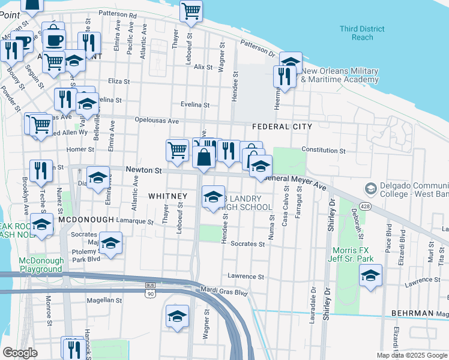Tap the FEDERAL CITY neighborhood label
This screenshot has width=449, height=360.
click(282, 127)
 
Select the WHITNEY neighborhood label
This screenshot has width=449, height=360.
click(167, 196)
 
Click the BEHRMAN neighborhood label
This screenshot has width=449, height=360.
click(412, 313)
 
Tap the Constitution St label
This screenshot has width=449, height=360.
click(324, 151)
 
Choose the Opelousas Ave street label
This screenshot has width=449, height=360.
click(157, 120)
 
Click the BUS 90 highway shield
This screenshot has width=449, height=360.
click(150, 290)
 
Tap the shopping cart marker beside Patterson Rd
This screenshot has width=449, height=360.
click(191, 10)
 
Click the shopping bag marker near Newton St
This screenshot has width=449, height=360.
click(204, 157)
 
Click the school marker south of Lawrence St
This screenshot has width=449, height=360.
click(370, 275)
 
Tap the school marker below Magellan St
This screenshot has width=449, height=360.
click(177, 316)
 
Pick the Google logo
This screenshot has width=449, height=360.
click(20, 353)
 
